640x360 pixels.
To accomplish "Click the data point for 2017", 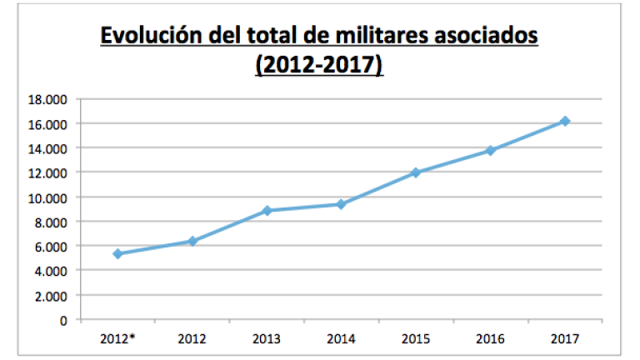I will pyautogui.click(x=564, y=121).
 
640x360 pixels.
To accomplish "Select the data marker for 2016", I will pyautogui.click(x=490, y=151).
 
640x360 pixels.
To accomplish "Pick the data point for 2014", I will pyautogui.click(x=341, y=204).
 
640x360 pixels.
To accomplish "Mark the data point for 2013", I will pyautogui.click(x=267, y=211).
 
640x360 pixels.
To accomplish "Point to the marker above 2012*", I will pyautogui.click(x=117, y=253).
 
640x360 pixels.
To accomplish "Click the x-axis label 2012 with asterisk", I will pyautogui.click(x=118, y=339).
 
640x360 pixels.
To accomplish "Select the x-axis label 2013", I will pyautogui.click(x=267, y=339).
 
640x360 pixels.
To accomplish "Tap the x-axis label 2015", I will pyautogui.click(x=416, y=339).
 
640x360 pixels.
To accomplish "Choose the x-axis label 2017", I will pyautogui.click(x=564, y=339).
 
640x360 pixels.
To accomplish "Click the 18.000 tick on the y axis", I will pyautogui.click(x=47, y=99).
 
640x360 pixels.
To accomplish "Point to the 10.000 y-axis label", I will pyautogui.click(x=47, y=197).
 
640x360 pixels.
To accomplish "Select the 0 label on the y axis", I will pyautogui.click(x=62, y=320).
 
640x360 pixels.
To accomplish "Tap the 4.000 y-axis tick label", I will pyautogui.click(x=50, y=271).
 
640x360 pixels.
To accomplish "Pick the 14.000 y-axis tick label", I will pyautogui.click(x=47, y=148).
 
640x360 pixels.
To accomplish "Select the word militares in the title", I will pyautogui.click(x=395, y=37).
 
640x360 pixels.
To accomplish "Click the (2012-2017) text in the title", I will pyautogui.click(x=319, y=66).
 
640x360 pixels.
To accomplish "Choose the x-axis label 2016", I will pyautogui.click(x=490, y=339).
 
